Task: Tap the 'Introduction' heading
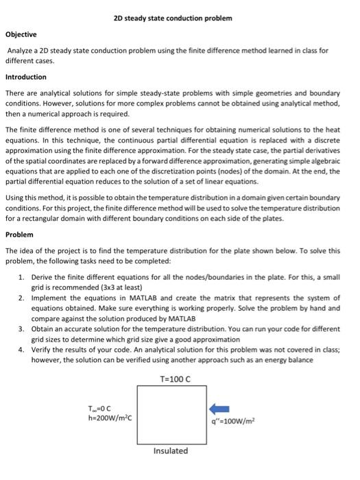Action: (x=26, y=77)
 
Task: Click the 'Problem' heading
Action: (x=19, y=234)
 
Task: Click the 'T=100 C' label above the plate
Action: (x=175, y=378)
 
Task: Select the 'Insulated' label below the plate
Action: (x=170, y=451)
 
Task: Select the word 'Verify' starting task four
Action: (x=42, y=350)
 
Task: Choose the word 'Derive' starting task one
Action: (x=43, y=276)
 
